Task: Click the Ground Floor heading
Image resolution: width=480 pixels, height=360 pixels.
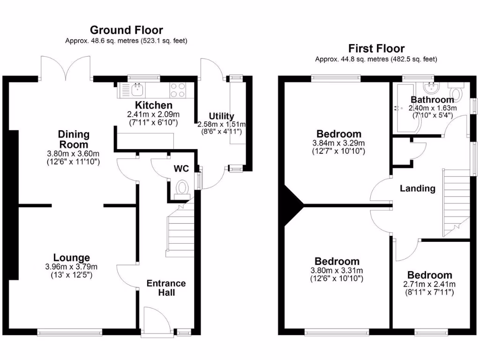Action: (127, 30)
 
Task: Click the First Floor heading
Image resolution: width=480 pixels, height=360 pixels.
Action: (376, 48)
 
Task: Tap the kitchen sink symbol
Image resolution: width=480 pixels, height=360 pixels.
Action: (137, 88)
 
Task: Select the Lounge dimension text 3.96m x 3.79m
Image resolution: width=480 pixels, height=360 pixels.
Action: (72, 267)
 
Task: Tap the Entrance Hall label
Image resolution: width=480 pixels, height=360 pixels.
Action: (166, 288)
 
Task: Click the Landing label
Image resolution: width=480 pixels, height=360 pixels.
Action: (417, 188)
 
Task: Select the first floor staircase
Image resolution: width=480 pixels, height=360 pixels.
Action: (455, 202)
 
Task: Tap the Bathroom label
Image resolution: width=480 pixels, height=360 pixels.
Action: (432, 99)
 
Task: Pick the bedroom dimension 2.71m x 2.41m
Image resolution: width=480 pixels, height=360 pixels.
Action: (429, 284)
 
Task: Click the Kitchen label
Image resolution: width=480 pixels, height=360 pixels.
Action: (154, 105)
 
